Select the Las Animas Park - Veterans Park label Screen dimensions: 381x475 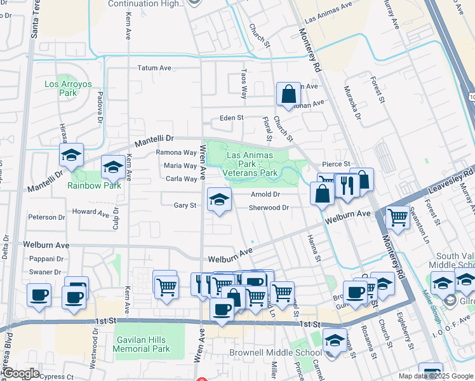tap(250, 164)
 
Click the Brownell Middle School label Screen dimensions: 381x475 tap(276, 353)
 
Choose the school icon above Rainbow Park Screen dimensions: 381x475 tap(113, 168)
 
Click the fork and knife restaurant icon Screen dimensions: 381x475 tap(346, 185)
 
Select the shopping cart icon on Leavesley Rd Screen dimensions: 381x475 tap(398, 217)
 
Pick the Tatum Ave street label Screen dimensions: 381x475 tap(155, 68)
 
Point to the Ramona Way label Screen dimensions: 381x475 tap(177, 152)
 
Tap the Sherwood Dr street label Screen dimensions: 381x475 tap(269, 208)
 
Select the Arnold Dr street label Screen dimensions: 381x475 tap(265, 194)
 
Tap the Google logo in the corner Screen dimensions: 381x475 tap(20, 373)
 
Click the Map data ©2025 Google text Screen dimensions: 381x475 tap(435, 376)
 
